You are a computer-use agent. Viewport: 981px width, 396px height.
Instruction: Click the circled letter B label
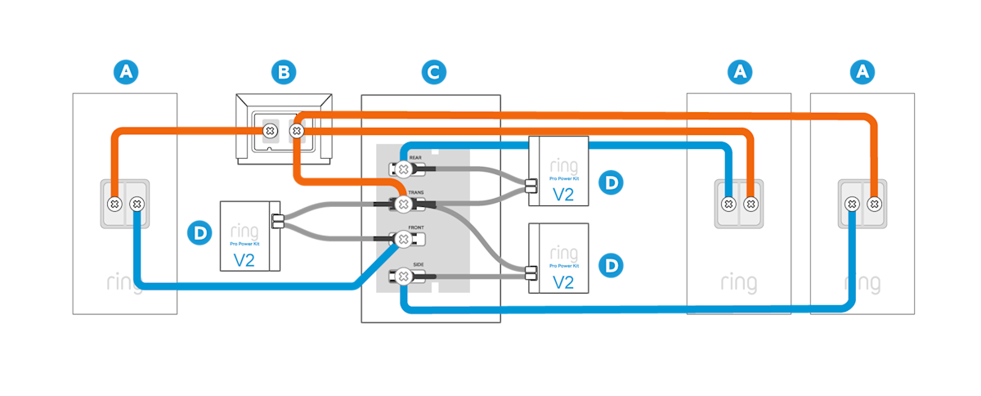click(283, 73)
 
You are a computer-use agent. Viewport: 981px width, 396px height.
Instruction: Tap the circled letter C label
click(433, 73)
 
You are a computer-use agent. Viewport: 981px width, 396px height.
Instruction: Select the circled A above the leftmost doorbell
click(125, 73)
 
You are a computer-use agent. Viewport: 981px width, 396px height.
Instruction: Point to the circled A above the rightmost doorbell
click(862, 73)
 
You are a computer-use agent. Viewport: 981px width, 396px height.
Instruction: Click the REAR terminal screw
click(403, 169)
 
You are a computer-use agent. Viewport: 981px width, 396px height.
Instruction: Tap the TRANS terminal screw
click(402, 203)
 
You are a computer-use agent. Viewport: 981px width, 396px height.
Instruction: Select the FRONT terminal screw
click(402, 239)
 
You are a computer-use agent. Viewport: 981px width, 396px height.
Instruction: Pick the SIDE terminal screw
click(403, 277)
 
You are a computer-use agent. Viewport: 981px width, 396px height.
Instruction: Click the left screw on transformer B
click(268, 131)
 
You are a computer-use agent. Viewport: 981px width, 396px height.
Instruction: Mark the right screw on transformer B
click(298, 131)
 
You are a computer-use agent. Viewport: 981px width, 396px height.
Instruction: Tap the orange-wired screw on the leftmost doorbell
click(115, 202)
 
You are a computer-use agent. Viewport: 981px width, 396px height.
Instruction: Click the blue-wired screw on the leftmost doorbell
click(137, 202)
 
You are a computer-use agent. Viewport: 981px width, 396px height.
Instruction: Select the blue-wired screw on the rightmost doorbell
click(852, 202)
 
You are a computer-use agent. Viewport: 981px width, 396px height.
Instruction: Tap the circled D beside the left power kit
click(199, 234)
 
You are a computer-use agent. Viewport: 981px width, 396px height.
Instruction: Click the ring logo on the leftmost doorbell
click(125, 284)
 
